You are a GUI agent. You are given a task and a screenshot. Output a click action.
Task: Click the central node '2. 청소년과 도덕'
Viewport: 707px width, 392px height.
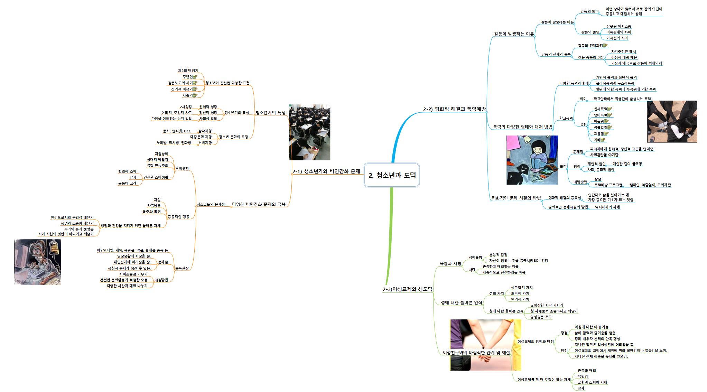(392, 175)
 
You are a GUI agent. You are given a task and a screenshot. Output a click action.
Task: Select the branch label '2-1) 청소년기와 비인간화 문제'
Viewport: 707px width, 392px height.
(326, 171)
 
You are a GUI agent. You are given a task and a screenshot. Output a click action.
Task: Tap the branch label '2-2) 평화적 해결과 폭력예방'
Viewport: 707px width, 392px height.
(454, 109)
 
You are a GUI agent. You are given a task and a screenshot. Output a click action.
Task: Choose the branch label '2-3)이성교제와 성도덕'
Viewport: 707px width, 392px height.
(407, 289)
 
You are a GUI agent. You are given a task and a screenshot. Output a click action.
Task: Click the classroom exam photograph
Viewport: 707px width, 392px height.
(309, 132)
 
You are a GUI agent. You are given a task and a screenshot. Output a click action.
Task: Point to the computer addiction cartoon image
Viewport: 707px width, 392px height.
(37, 262)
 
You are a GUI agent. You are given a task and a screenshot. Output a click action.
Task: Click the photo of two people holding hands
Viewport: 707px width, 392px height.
(485, 345)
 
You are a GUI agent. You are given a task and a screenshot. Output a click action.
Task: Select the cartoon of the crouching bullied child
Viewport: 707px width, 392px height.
(532, 160)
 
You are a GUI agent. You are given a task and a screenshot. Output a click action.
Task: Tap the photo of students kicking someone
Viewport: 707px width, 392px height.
(672, 121)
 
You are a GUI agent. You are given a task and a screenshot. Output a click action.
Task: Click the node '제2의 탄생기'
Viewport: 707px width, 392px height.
(188, 71)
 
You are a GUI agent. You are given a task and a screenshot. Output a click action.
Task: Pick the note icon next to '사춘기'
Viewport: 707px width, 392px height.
(195, 95)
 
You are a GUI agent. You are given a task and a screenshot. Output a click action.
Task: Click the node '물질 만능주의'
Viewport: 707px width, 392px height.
(157, 166)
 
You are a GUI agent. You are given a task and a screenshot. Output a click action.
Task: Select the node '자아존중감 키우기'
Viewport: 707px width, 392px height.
(133, 274)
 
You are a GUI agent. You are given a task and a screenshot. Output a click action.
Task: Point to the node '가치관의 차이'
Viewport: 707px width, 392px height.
(617, 38)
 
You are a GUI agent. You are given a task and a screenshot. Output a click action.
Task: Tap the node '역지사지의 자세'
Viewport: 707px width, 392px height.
(607, 207)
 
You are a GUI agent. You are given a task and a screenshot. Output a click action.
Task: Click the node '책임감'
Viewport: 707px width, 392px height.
(583, 376)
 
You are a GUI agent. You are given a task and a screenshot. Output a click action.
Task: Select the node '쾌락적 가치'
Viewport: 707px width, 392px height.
(520, 293)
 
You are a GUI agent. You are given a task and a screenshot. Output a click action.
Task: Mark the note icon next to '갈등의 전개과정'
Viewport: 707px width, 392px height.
(605, 46)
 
